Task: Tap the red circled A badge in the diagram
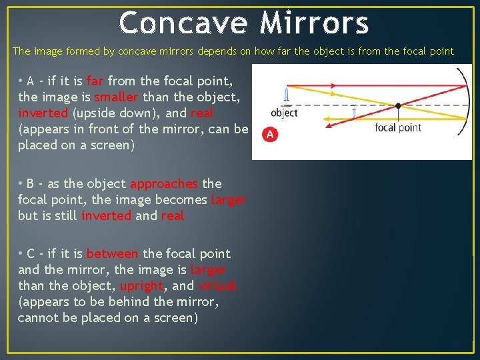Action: pos(269,135)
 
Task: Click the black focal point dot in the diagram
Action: pos(398,106)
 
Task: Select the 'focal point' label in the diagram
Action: pos(398,127)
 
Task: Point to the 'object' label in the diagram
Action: pos(285,113)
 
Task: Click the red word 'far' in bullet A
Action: pos(95,81)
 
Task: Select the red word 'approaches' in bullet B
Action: pos(164,183)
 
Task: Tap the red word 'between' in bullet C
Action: pos(113,253)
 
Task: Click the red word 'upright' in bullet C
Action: pos(141,286)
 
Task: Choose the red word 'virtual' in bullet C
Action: pos(217,286)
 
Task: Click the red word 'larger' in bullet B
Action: pos(228,199)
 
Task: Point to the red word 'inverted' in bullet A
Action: pos(43,113)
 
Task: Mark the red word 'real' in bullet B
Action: pos(172,215)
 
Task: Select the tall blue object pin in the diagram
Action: pos(286,94)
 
